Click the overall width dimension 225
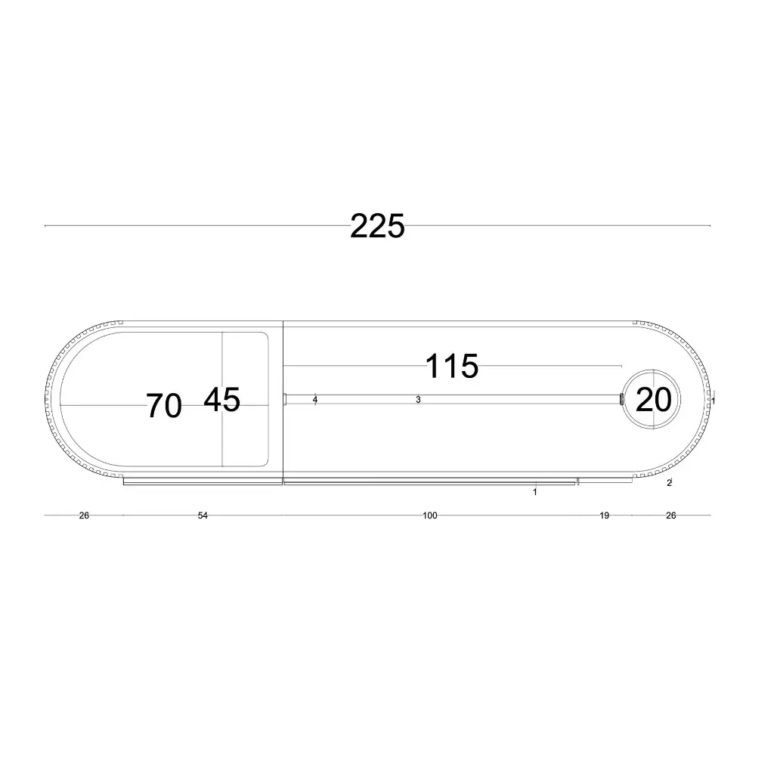pos(377,226)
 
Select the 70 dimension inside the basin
pos(164,406)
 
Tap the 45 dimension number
pos(221,399)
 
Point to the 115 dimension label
pos(452,367)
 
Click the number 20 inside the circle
pos(653,399)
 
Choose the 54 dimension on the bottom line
pos(203,515)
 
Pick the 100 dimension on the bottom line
pos(429,515)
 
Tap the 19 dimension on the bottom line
pos(604,515)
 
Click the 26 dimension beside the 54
pos(84,515)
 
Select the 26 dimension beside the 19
pos(670,515)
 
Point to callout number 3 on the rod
pos(418,399)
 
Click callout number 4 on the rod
pos(315,399)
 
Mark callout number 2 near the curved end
pos(670,483)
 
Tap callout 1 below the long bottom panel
pos(535,492)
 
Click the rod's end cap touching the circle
pos(621,399)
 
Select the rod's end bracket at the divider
pos(286,400)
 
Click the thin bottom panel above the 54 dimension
pos(203,481)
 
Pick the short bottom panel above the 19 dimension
pos(605,480)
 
